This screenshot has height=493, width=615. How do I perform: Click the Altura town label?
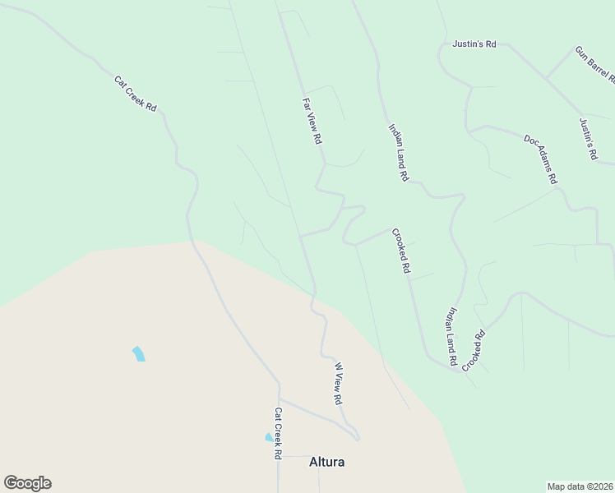coord(326,462)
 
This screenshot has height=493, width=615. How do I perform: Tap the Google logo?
coord(27,483)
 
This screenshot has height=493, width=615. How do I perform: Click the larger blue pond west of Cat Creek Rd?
coord(139,354)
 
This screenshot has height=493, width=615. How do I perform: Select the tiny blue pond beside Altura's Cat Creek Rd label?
coord(268,438)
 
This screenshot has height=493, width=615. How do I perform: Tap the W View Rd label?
coord(337,383)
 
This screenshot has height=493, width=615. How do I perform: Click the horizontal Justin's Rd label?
coord(474,44)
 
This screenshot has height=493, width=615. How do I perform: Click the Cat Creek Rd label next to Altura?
coord(279,433)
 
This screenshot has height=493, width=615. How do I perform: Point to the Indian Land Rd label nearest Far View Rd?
coord(398,151)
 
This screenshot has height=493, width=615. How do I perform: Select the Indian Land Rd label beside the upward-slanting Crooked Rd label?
coord(451,336)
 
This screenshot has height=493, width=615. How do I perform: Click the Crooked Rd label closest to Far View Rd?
coord(400,251)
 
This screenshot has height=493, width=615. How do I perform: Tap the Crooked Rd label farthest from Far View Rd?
coord(474,349)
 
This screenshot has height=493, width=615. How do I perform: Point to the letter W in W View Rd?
coord(337,364)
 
